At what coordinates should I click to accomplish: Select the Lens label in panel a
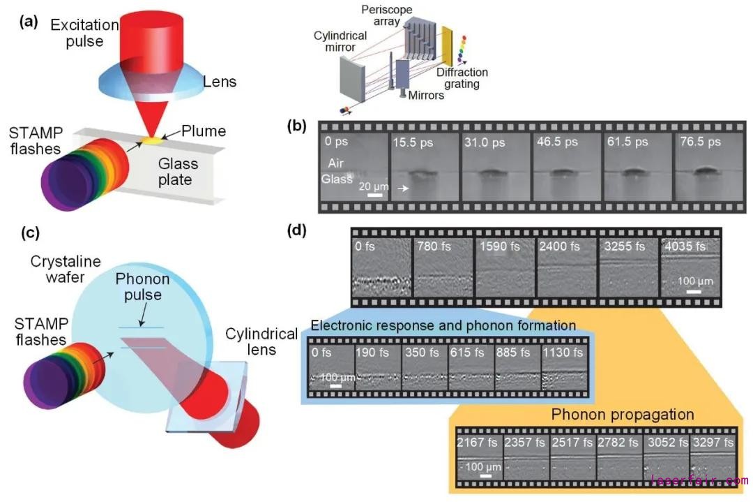219,82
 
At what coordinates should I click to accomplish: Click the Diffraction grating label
462,77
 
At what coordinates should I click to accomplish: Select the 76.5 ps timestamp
700,141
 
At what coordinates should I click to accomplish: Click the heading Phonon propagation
623,415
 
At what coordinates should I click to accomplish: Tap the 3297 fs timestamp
713,443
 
